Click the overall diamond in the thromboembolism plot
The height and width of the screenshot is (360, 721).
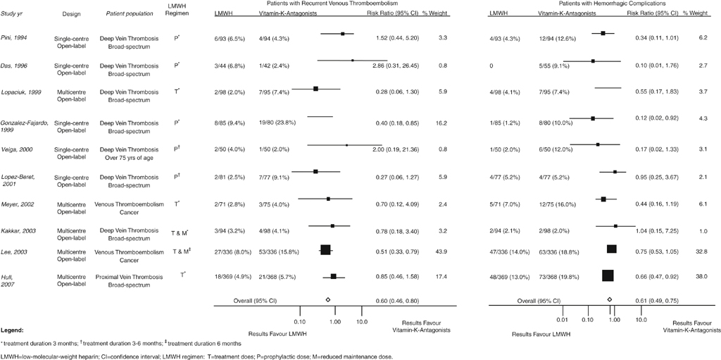tap(328, 299)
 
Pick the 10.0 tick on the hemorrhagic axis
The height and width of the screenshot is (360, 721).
tap(641, 319)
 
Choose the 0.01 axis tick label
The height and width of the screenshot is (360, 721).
tap(563, 319)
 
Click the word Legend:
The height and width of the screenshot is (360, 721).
tap(12, 330)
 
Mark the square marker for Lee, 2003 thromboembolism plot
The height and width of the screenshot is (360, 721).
tap(325, 249)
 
